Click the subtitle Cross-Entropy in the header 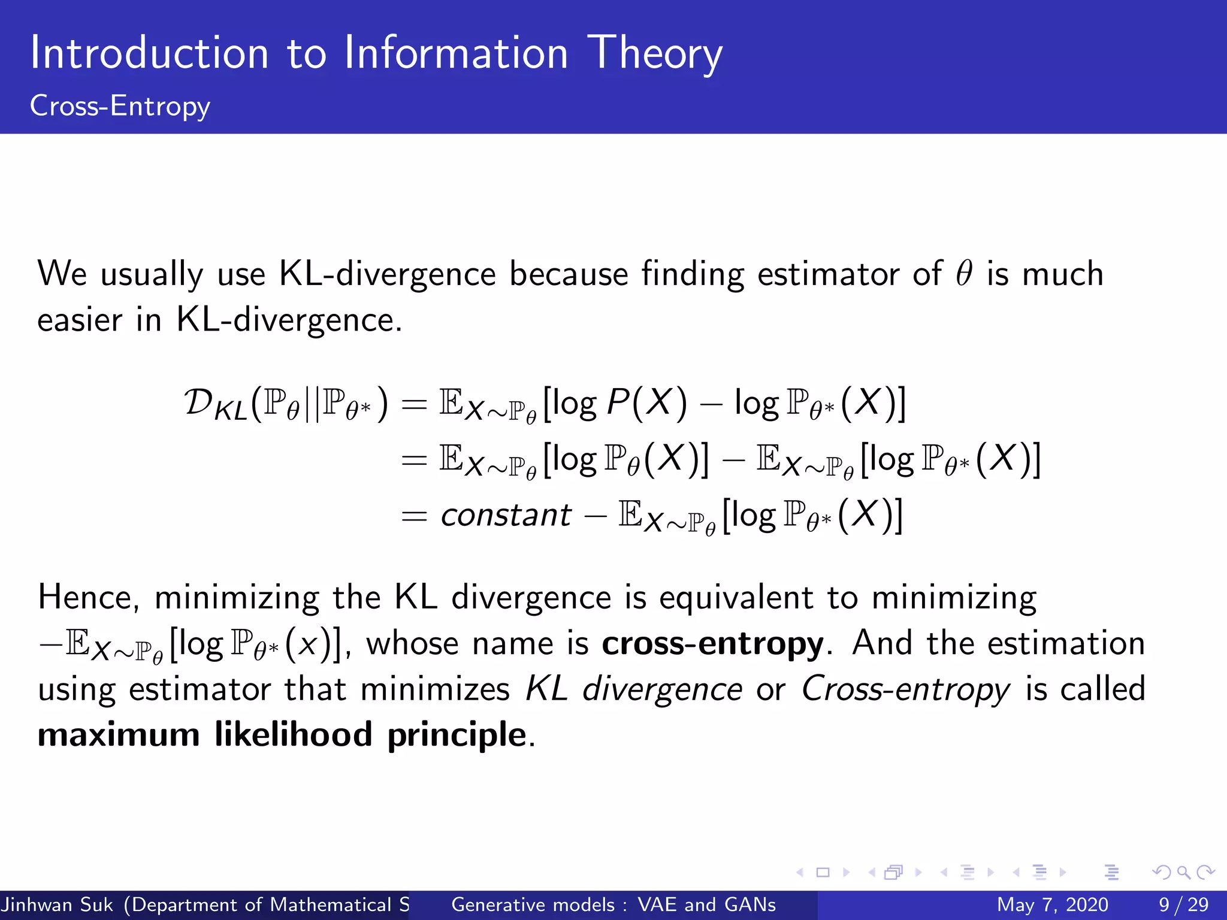120,106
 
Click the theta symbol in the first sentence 963,274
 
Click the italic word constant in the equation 506,515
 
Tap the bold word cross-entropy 712,644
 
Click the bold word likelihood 293,735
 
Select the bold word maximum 119,735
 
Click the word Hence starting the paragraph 88,598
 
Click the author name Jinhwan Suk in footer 57,904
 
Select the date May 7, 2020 1052,904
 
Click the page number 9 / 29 1183,904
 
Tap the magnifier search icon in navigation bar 1183,873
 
